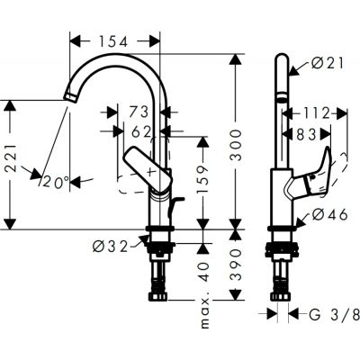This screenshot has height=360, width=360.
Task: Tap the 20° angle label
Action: [55, 182]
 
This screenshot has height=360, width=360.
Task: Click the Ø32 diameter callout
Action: [111, 243]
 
